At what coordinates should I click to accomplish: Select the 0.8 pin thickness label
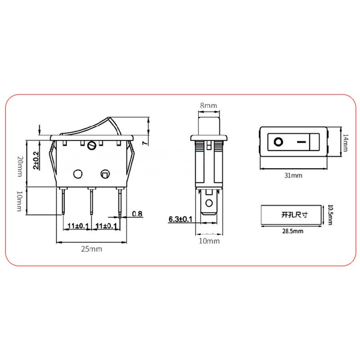pos(138,214)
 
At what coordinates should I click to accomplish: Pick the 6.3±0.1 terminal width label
pos(180,219)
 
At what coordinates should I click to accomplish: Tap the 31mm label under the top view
pos(293,175)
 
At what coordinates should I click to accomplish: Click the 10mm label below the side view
pos(208,242)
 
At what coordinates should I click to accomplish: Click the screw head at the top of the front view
pos(93,145)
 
